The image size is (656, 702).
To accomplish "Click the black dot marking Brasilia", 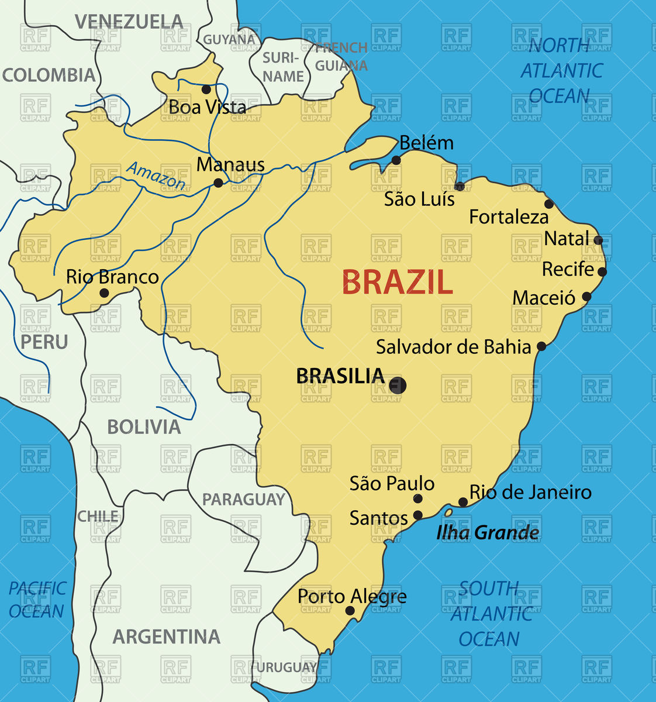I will point(398,385).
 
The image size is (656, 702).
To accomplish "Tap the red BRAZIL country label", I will point(397,283).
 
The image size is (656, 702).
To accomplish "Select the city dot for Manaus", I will point(218,183).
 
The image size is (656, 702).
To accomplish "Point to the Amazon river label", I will point(156,175).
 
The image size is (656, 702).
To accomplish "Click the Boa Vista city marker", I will point(206,89).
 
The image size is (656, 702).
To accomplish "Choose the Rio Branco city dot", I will point(104,293).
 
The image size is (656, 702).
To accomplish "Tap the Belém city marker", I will point(396,160).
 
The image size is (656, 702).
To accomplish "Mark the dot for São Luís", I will point(460,187).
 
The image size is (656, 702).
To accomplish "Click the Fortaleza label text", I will point(509,218).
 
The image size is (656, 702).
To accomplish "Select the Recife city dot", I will point(602,271).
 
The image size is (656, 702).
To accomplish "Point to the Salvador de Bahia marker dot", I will point(541,346).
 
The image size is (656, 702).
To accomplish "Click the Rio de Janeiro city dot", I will point(462,502).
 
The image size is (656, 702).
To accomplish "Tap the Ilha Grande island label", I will point(488,533).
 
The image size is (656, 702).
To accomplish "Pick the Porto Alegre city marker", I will point(350,611).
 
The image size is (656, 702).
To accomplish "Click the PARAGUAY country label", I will point(243,500).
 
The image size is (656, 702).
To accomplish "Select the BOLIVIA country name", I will point(144,427).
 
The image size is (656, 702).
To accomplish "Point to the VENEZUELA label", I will point(129,22).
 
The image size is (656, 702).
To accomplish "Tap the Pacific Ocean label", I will point(37,600).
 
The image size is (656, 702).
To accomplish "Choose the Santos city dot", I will point(418,515).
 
